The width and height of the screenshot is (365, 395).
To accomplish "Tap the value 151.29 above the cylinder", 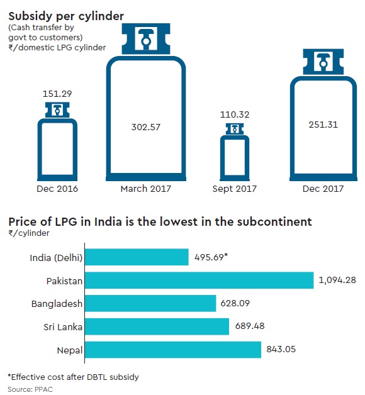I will point(57,93).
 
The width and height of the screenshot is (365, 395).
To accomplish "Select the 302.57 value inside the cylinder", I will point(145,126).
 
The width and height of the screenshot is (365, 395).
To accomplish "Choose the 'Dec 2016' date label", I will point(57,187).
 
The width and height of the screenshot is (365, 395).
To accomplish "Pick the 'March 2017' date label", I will point(145,187).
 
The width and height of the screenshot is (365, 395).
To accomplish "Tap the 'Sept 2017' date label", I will point(233,187).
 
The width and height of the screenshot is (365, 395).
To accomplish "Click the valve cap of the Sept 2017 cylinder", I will point(233,128).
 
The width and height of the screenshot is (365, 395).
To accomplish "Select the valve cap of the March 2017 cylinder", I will point(145,40).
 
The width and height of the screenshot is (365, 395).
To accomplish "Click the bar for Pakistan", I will point(199,280).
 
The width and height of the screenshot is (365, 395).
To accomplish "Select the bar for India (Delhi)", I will point(137,257).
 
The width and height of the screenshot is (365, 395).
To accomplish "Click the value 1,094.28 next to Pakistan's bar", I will point(340,280).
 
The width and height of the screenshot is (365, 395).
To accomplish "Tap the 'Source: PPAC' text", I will point(29,388).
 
